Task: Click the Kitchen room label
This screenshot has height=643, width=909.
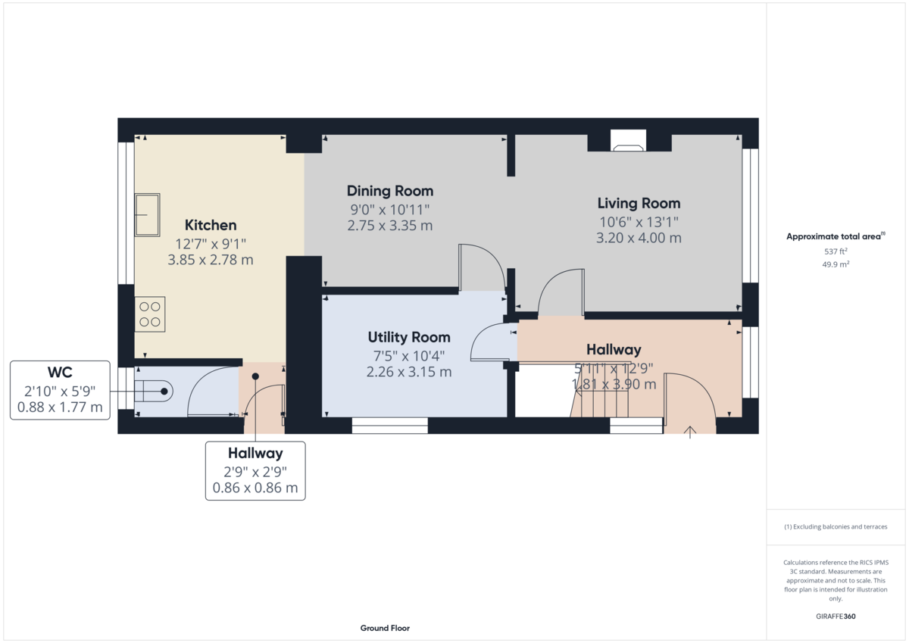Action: point(211,225)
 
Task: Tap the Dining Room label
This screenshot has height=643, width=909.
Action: point(390,191)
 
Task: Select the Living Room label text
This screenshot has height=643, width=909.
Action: point(639,203)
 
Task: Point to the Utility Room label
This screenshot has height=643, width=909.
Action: point(409,337)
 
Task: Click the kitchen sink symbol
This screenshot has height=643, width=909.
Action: point(147,214)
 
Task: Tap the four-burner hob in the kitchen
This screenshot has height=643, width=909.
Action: point(150,314)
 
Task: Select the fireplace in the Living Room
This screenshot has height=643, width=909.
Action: point(628,141)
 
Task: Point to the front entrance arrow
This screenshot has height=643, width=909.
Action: point(689,432)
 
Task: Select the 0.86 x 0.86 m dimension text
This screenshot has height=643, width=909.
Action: point(255,488)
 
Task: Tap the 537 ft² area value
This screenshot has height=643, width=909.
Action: point(836,251)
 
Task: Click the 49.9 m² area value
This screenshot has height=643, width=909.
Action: point(836,264)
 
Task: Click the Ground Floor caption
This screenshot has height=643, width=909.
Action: point(385,628)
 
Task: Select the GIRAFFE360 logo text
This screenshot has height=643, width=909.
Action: point(836,616)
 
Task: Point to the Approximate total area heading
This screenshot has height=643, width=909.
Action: point(833,237)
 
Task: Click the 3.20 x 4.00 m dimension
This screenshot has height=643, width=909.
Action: point(639,238)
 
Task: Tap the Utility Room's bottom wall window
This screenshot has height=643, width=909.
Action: point(390,426)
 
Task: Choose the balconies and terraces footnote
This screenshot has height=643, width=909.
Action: point(836,526)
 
